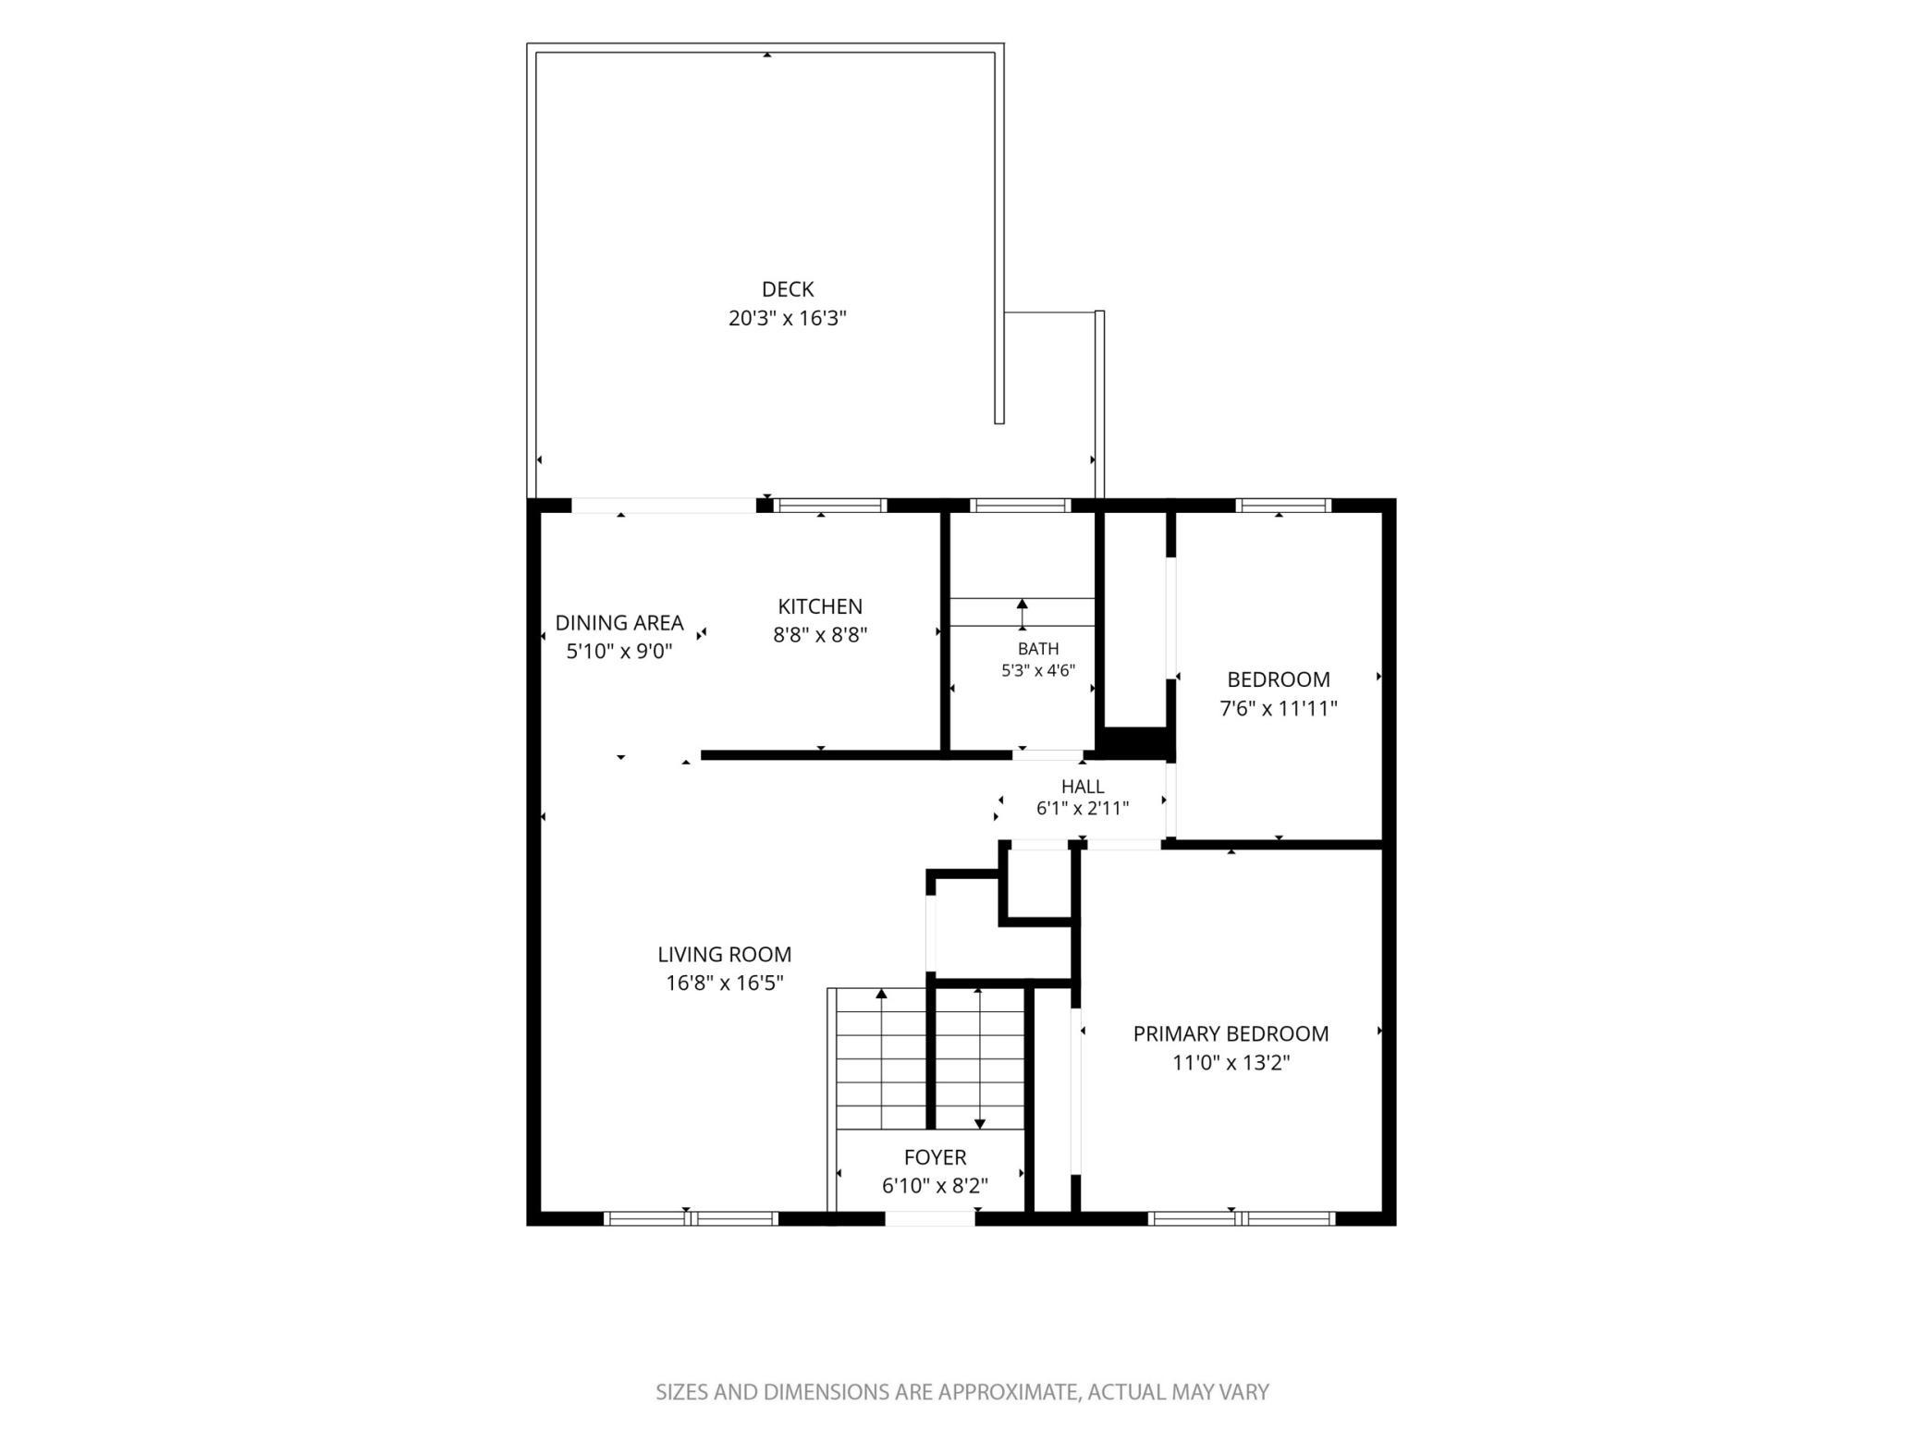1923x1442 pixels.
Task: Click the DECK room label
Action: (x=788, y=289)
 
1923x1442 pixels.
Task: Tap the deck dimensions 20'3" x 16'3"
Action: (x=788, y=319)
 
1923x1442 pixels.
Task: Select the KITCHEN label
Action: (x=820, y=606)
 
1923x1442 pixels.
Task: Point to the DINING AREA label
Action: (x=619, y=623)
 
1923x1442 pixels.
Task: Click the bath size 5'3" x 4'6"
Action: (x=1038, y=671)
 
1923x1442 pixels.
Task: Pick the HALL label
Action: (x=1083, y=787)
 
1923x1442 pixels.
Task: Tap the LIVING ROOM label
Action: (x=725, y=954)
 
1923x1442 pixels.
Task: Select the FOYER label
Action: (x=936, y=1157)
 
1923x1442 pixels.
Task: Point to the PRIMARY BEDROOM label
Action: (x=1231, y=1033)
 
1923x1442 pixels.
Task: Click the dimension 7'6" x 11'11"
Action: (x=1279, y=709)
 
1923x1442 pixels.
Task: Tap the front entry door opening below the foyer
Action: (x=930, y=1218)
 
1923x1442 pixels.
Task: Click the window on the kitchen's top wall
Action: (x=830, y=506)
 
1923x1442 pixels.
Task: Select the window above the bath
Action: (x=1020, y=506)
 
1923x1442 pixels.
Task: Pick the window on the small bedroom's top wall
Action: (x=1283, y=506)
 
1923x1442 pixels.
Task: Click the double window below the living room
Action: (x=691, y=1218)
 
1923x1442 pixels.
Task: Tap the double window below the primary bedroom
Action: (x=1242, y=1218)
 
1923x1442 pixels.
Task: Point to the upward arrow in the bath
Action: (x=1022, y=614)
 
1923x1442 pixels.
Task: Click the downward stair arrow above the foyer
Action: (x=980, y=1059)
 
